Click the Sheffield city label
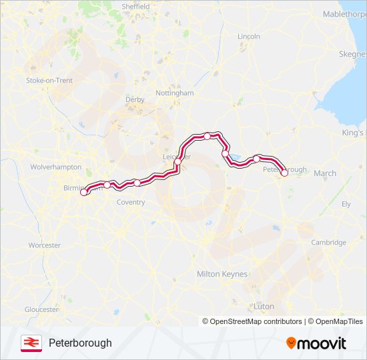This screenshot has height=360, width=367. point(135,6)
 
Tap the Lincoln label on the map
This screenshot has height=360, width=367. point(248,36)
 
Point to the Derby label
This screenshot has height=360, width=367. point(135,99)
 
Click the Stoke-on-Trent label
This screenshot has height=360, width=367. point(49,80)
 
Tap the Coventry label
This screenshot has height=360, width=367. point(130,202)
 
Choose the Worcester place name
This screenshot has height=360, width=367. point(45,245)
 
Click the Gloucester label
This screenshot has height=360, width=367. point(41,309)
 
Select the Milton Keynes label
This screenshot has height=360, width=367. point(222,274)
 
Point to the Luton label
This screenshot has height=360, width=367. point(264,307)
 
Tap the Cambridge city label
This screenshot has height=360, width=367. point(328,243)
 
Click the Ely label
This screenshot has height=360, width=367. point(346,204)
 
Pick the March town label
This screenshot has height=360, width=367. point(325,173)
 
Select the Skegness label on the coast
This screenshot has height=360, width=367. point(353,54)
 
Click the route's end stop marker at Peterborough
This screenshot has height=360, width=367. point(284,173)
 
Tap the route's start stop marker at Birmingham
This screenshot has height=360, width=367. point(84,193)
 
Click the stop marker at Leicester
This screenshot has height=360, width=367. point(177,162)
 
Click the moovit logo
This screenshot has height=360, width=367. point(316,343)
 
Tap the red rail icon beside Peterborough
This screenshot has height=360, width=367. point(31,343)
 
